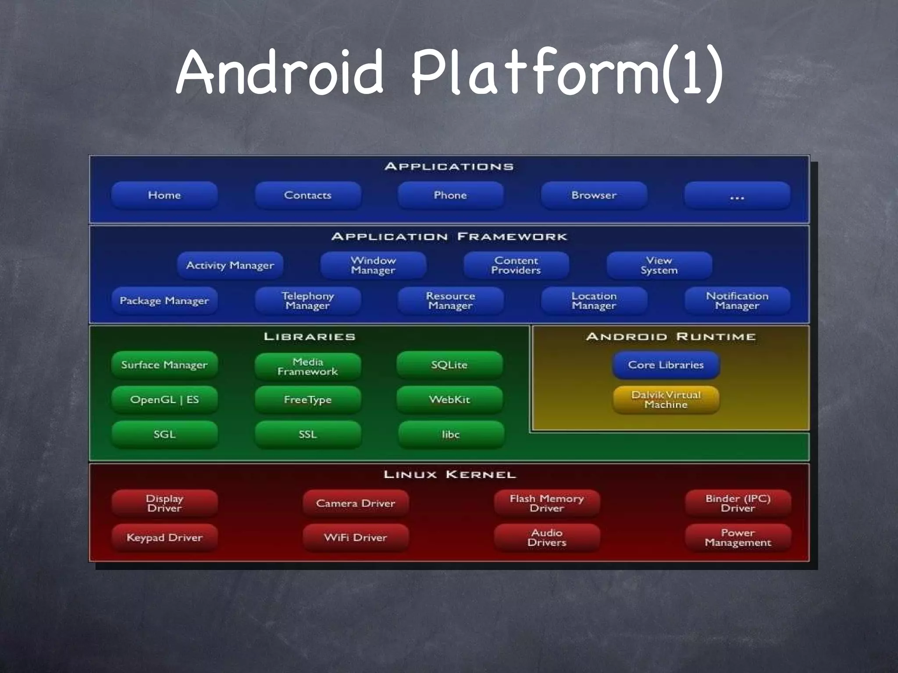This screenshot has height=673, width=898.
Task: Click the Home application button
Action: click(x=164, y=195)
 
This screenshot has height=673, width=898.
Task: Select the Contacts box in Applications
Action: click(x=308, y=195)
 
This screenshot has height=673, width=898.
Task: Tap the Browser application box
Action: click(x=594, y=195)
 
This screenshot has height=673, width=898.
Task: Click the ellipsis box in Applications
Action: click(x=737, y=195)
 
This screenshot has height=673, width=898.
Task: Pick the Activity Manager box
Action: click(x=230, y=265)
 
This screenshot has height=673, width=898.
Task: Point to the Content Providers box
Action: click(x=516, y=266)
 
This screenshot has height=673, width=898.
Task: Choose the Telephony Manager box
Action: click(x=308, y=301)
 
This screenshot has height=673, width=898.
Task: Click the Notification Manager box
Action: click(x=737, y=301)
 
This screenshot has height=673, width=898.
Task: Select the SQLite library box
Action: click(x=449, y=365)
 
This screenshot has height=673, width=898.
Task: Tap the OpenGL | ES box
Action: click(x=164, y=400)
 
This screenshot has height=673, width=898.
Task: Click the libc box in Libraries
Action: click(x=451, y=434)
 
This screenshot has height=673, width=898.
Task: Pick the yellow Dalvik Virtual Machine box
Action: click(x=666, y=400)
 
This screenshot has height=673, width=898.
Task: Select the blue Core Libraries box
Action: click(x=666, y=365)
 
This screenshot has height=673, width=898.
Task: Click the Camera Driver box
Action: click(x=356, y=503)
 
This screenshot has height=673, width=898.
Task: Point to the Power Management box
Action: click(x=738, y=538)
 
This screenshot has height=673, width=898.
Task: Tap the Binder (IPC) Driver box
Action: click(x=738, y=503)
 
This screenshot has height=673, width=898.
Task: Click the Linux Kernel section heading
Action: click(x=449, y=475)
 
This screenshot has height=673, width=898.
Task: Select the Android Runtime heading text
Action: click(x=671, y=336)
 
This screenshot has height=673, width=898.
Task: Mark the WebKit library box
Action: click(x=449, y=400)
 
